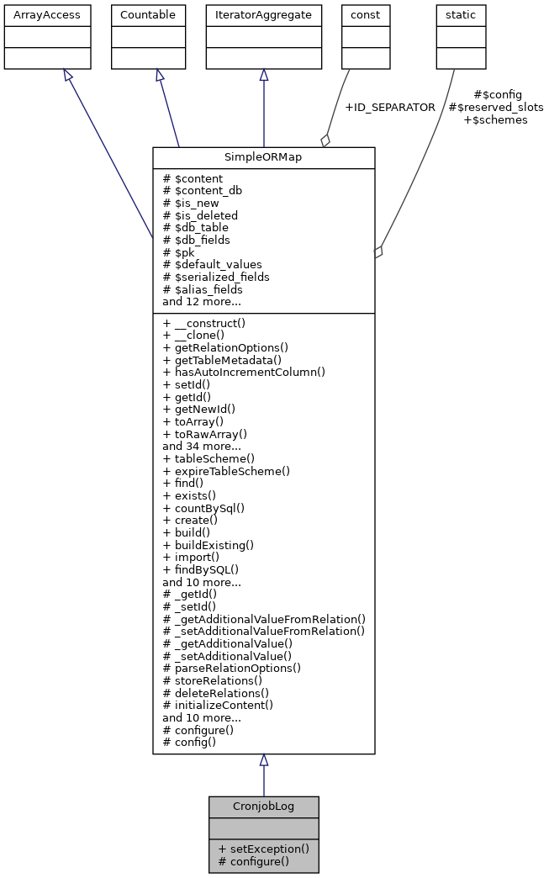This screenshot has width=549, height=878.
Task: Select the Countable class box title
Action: pos(149,14)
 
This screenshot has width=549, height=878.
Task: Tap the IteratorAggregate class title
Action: pos(263,14)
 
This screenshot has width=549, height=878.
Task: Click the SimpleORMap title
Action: pos(263,157)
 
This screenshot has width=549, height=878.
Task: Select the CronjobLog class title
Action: pos(263,807)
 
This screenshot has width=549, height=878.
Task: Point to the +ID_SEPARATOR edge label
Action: pos(389,107)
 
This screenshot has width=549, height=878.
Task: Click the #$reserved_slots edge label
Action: pos(496,107)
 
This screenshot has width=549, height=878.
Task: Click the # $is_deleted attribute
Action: pos(200,215)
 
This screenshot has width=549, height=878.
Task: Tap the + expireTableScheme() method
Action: pos(226,471)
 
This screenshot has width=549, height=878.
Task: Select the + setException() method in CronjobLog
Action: pos(263,849)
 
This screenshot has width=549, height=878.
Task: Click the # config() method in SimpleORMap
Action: pos(189,742)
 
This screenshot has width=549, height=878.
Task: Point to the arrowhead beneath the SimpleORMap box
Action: pos(263,760)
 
